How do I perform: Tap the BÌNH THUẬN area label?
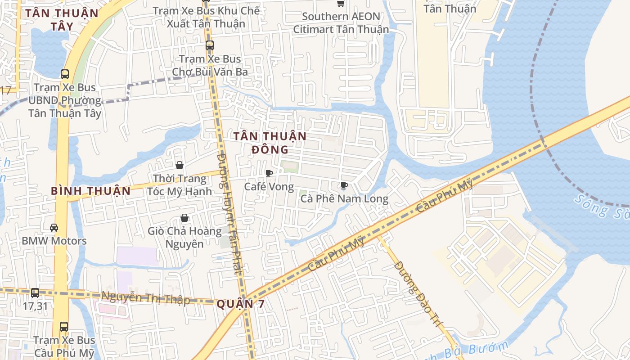90,191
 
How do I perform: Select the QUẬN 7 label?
240,304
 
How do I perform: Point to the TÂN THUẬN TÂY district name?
62,19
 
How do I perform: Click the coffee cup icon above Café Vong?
269,174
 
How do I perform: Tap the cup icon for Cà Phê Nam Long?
344,186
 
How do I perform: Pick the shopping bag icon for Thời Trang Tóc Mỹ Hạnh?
180,166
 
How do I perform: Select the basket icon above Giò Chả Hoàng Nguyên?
184,218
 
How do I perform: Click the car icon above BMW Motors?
54,228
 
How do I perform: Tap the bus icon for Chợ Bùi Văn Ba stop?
210,45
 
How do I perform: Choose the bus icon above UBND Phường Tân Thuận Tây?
65,74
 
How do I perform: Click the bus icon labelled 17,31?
35,293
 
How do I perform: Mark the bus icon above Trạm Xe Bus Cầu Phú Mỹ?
64,327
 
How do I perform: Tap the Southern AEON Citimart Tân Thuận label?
341,23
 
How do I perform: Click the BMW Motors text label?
54,241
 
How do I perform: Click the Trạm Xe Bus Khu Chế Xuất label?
206,17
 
